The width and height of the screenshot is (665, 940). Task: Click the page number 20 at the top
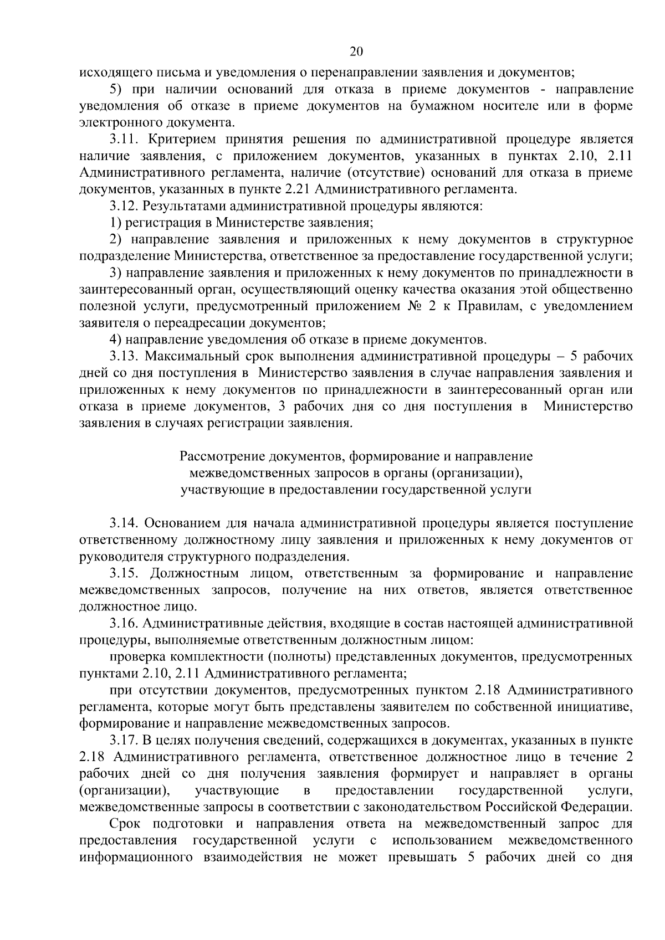pyautogui.click(x=356, y=52)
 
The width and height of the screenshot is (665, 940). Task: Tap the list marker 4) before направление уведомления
pyautogui.click(x=115, y=340)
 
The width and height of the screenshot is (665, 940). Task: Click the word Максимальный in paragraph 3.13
pyautogui.click(x=188, y=356)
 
